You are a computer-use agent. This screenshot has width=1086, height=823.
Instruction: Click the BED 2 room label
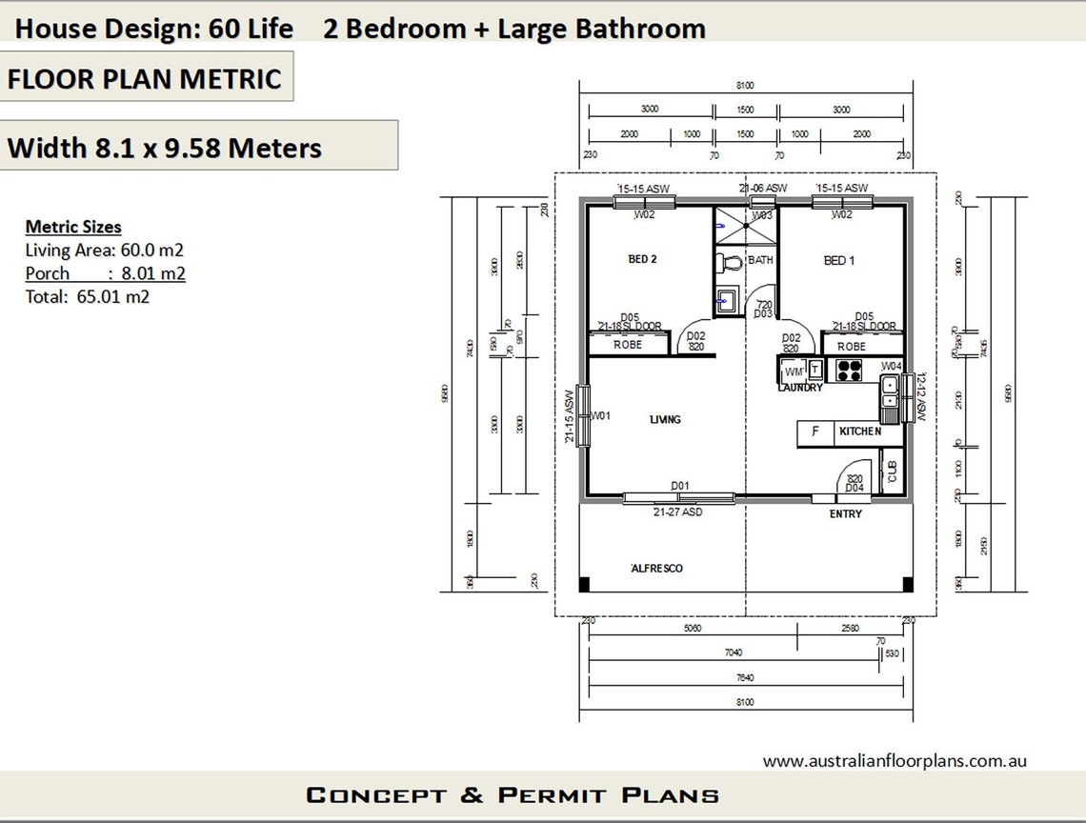(x=642, y=259)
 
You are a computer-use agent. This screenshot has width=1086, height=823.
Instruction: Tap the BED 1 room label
(x=839, y=260)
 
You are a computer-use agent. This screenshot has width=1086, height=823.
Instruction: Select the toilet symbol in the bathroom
(x=732, y=261)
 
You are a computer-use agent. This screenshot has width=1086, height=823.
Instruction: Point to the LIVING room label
(x=665, y=419)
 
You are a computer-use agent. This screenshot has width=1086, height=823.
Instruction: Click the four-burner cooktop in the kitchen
(x=849, y=370)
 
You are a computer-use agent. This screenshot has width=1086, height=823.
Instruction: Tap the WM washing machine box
(x=794, y=371)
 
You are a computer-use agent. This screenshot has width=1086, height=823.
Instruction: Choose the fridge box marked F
(x=814, y=432)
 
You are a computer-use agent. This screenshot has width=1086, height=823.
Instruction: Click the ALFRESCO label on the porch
(x=657, y=568)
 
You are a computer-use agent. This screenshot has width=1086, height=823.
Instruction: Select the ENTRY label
(x=845, y=513)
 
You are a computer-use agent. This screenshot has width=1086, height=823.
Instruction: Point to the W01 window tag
(x=600, y=415)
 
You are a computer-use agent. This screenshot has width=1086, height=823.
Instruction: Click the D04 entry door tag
(x=855, y=489)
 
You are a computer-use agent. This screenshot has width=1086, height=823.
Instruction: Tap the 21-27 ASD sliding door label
(x=677, y=512)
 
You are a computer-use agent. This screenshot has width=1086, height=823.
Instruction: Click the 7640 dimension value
(x=744, y=677)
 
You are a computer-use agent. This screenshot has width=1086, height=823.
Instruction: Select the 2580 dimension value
(x=849, y=628)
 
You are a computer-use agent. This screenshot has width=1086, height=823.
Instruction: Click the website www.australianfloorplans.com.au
(x=894, y=761)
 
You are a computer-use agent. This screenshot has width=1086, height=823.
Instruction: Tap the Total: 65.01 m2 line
(x=88, y=296)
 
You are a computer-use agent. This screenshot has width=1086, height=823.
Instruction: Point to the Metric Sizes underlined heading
(x=73, y=227)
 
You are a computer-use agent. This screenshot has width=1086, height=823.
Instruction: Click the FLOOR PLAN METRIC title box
(x=145, y=78)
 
